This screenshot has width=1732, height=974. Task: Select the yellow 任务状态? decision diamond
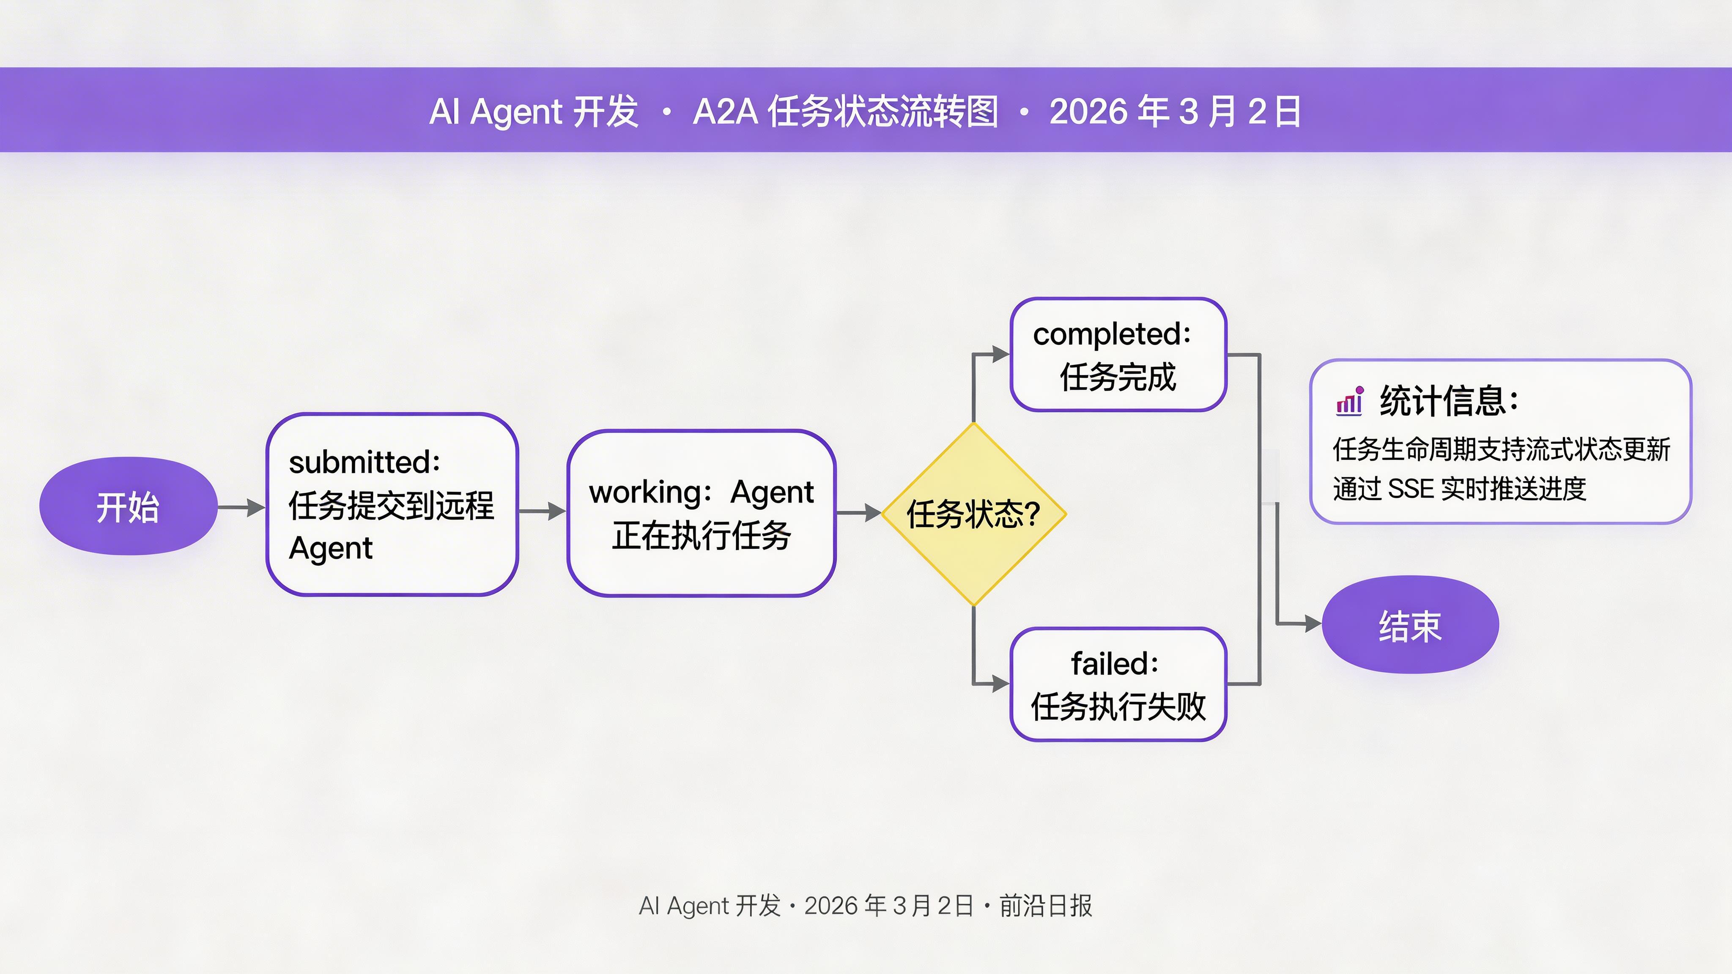pos(973,514)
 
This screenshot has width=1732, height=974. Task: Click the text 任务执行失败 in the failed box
pos(1118,706)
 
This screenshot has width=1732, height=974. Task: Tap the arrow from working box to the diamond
pos(859,513)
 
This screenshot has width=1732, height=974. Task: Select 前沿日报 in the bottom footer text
pos(1046,906)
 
